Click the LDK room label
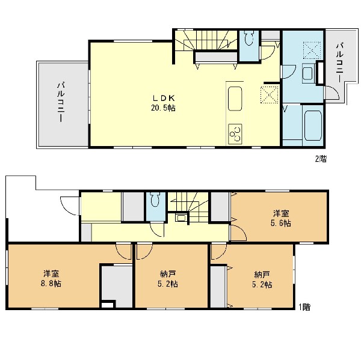click(163, 99)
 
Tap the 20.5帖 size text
click(163, 108)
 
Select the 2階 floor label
click(321, 159)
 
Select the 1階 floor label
click(304, 307)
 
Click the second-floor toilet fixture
click(248, 38)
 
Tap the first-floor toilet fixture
click(156, 200)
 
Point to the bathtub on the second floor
click(313, 126)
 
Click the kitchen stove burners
click(235, 134)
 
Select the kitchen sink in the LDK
click(235, 99)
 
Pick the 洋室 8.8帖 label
click(51, 279)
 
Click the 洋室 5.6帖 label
click(280, 218)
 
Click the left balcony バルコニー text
click(61, 102)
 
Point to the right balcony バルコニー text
click(340, 63)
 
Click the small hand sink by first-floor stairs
click(181, 217)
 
